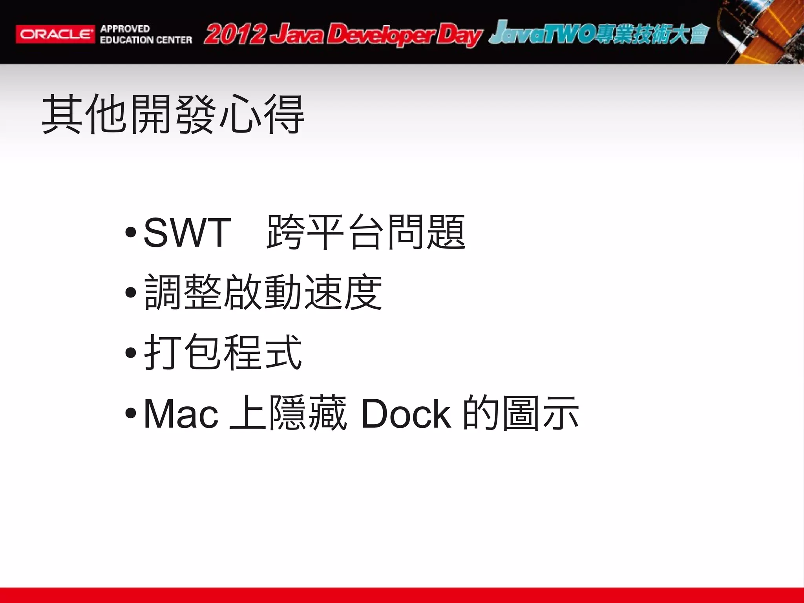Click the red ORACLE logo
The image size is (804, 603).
point(55,34)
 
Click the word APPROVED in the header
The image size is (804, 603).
point(125,29)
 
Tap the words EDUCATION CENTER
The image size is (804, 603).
point(146,40)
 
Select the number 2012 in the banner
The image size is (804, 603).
point(235,34)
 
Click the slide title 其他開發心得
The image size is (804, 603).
point(173,114)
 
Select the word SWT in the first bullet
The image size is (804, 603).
point(187,233)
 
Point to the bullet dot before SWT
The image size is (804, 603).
point(131,232)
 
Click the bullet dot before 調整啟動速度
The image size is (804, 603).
point(131,292)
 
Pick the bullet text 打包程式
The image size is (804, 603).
point(223,352)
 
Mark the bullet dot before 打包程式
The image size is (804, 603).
point(131,352)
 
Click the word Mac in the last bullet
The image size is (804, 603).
point(181,414)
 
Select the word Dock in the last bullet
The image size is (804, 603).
point(406,414)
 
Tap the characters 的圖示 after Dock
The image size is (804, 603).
point(521,413)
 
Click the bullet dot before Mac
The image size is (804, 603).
point(131,413)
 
